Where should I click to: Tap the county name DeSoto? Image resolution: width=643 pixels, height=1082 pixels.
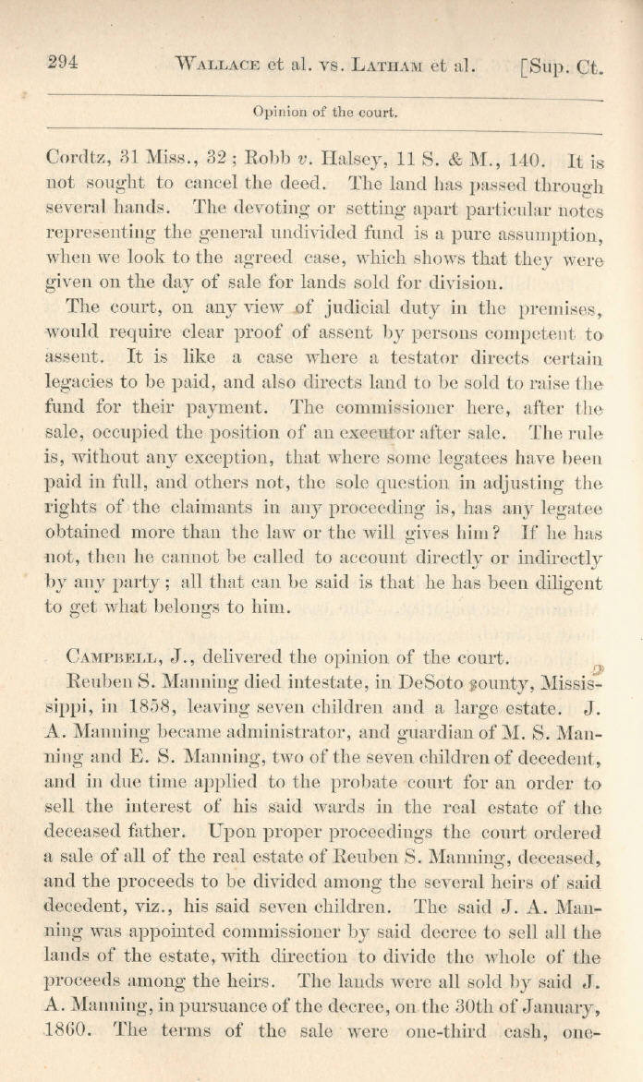tap(428, 683)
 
